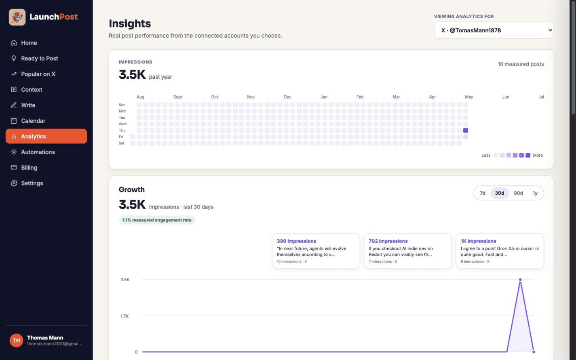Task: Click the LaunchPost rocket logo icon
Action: (x=17, y=17)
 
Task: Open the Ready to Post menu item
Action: (x=39, y=58)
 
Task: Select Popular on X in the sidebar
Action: (x=38, y=74)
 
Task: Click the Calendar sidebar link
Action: (x=33, y=121)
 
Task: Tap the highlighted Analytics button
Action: (x=46, y=136)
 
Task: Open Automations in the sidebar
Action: (x=38, y=152)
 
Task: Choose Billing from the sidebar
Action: (x=29, y=168)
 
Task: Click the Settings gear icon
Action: (x=14, y=183)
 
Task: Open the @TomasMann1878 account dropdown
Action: (x=494, y=30)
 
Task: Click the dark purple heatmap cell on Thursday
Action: (x=465, y=130)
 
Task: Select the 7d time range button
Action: (x=482, y=193)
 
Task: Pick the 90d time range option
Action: (x=518, y=193)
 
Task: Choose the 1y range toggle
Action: (x=535, y=193)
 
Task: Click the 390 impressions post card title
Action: (x=296, y=241)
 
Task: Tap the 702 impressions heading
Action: (x=388, y=241)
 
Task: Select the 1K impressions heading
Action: (x=478, y=241)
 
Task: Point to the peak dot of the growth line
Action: (x=520, y=280)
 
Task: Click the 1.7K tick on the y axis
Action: (x=124, y=316)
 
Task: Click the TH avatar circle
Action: (x=16, y=341)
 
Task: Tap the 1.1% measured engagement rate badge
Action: (x=157, y=220)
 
